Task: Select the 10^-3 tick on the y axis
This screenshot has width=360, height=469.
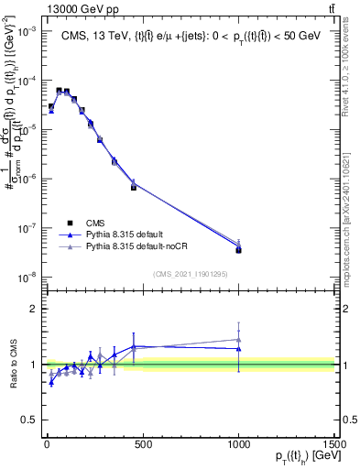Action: click(x=27, y=30)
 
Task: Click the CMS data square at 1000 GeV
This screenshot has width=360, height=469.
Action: click(x=239, y=249)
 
